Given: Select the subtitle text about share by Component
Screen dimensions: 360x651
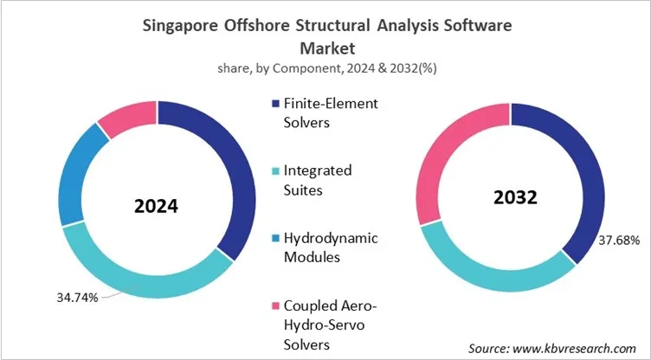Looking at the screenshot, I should point(325,70).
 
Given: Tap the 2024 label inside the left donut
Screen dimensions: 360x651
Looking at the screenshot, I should point(157,207).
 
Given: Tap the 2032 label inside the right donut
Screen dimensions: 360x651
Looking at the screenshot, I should point(510,196).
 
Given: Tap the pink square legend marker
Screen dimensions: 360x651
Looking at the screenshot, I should point(275,305).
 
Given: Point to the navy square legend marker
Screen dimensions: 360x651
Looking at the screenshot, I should point(275,103).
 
